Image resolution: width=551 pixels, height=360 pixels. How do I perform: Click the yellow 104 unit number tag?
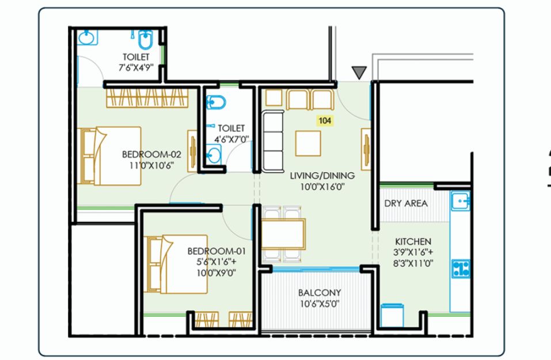tap(325, 120)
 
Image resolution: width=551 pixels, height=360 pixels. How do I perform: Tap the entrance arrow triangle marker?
tap(359, 73)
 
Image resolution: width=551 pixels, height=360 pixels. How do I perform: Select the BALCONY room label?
tap(320, 293)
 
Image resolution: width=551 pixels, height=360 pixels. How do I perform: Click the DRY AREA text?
tap(406, 203)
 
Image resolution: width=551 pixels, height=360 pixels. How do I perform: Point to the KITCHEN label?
tap(413, 241)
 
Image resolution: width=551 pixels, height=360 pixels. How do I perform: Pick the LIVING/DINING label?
tap(322, 176)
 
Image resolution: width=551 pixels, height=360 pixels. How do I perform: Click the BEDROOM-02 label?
tap(151, 154)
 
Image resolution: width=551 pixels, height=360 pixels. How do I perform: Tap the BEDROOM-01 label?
tap(216, 251)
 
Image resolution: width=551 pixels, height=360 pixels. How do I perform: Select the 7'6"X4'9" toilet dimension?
tap(136, 68)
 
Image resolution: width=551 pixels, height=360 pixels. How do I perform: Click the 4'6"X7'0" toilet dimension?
tap(231, 139)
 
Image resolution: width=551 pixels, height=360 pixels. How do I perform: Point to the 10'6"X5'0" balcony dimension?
tap(320, 304)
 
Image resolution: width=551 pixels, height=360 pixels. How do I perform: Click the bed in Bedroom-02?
tap(109, 156)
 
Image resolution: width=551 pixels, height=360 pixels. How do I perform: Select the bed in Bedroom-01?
tap(176, 264)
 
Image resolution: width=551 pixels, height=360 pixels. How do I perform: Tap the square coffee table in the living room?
tap(308, 143)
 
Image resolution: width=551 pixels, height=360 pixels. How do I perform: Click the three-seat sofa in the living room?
tap(273, 142)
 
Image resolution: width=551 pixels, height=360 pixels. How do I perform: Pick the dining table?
tap(283, 234)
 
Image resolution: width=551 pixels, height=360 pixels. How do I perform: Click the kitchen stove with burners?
tap(461, 268)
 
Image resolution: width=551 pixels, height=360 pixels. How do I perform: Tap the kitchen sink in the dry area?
tap(461, 201)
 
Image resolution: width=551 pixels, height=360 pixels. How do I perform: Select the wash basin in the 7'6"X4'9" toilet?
tap(86, 37)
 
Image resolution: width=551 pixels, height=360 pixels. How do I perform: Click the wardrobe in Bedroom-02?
tap(147, 98)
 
